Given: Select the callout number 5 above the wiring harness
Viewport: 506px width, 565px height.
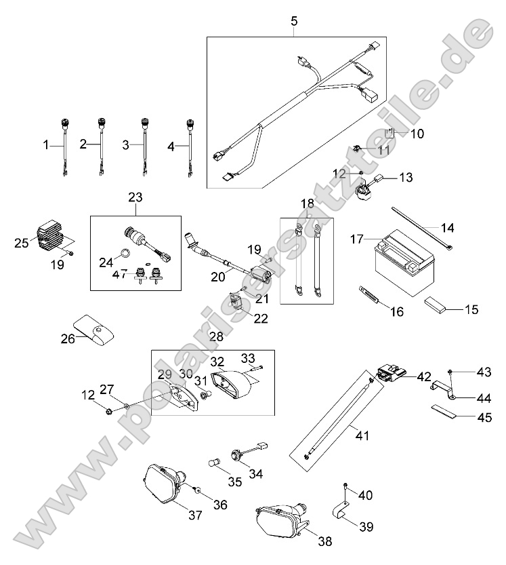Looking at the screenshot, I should (293, 21).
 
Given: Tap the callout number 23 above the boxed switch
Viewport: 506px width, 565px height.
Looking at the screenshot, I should (135, 197).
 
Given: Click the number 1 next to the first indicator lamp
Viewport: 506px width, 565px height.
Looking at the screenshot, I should (47, 144).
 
